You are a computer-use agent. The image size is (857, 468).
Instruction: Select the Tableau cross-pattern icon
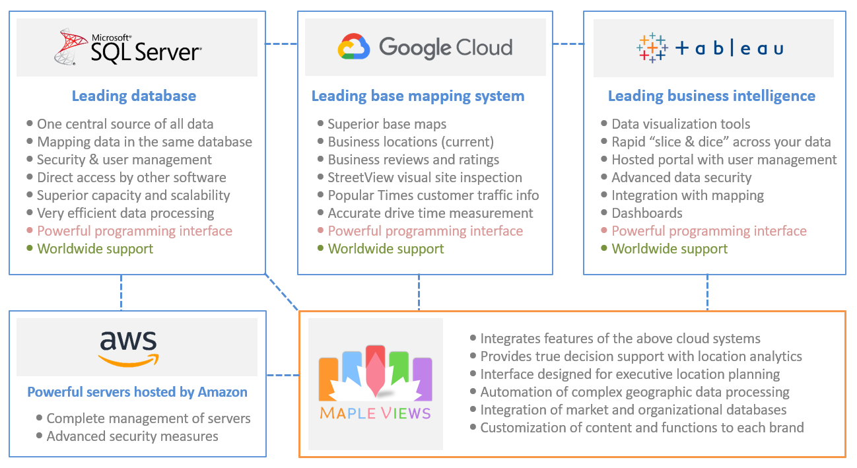[x=652, y=48]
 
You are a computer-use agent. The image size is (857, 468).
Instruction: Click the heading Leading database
[x=134, y=96]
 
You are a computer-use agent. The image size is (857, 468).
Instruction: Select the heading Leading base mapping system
[x=418, y=96]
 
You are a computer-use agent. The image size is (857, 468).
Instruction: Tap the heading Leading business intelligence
[x=712, y=96]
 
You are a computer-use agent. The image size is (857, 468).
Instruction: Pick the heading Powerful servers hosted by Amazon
[x=137, y=392]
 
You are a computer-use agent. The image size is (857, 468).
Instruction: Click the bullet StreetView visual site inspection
[x=425, y=178]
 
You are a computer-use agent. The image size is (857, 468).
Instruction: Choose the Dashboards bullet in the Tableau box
[x=647, y=213]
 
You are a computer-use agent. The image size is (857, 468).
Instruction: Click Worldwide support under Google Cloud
[x=386, y=249]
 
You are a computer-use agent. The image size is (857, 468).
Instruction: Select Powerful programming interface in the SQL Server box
[x=135, y=231]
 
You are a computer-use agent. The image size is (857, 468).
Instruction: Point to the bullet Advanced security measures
[x=132, y=436]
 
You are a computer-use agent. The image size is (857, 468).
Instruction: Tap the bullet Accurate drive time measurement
[x=430, y=213]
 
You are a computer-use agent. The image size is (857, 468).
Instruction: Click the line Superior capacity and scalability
[x=133, y=195]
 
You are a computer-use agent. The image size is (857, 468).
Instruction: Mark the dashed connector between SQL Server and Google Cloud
[x=281, y=44]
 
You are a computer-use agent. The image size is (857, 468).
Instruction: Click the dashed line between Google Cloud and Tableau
[x=568, y=44]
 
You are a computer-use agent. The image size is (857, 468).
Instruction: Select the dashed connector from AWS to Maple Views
[x=283, y=376]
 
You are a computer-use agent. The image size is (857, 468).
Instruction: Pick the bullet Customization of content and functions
[x=642, y=428]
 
